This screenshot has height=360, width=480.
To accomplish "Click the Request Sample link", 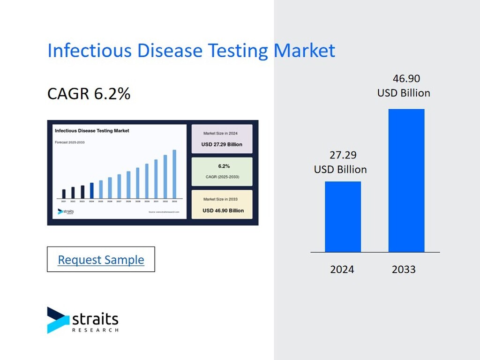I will [101, 260].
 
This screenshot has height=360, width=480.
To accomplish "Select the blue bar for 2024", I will [343, 217].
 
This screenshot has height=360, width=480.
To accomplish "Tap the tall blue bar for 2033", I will [406, 180].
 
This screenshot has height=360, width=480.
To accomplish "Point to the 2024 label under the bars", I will [342, 270].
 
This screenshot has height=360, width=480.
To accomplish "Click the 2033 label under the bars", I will [404, 270].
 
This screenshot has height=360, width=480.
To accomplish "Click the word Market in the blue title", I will [305, 51].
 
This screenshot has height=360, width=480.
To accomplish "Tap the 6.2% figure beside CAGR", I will [112, 94].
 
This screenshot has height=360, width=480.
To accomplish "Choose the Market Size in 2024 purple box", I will [222, 139].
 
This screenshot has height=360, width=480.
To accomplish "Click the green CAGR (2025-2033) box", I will [222, 171].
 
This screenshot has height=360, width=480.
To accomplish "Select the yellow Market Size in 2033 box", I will [222, 204].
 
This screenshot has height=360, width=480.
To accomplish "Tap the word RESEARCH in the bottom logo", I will [95, 330].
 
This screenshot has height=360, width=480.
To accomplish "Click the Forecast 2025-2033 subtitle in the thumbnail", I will [70, 142].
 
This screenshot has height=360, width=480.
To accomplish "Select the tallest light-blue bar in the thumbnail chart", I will [174, 174].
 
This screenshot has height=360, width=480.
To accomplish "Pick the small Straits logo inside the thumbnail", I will [66, 212].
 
